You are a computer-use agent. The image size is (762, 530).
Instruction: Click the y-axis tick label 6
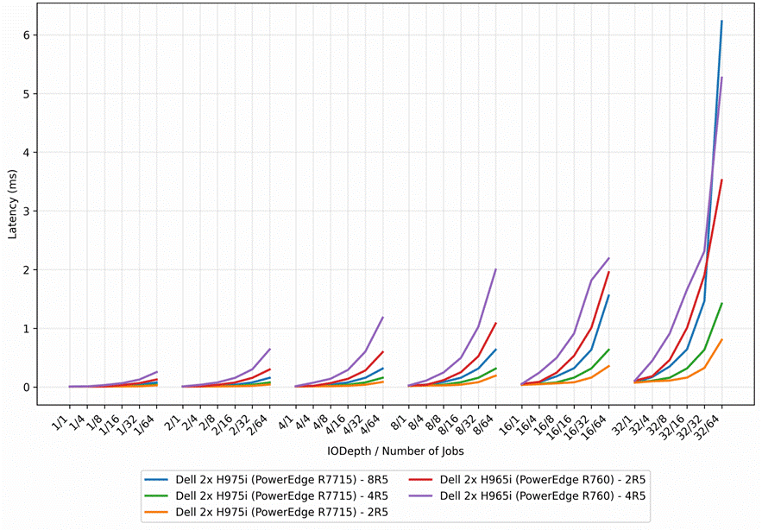[x=28, y=35]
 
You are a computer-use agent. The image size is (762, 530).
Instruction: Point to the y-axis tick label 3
[x=28, y=211]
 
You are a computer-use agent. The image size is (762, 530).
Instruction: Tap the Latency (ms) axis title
[x=13, y=205]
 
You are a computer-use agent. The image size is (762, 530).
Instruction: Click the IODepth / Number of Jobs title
[x=395, y=451]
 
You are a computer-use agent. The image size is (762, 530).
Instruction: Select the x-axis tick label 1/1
[x=60, y=421]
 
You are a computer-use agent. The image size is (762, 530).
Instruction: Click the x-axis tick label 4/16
[x=337, y=424]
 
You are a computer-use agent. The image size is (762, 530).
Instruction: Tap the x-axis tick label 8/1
[x=400, y=421]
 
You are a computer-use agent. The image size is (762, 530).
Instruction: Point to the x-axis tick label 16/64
[x=597, y=426]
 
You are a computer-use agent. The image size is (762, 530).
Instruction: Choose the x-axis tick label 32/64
[x=710, y=426]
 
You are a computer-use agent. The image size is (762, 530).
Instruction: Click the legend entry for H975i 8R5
[x=267, y=480]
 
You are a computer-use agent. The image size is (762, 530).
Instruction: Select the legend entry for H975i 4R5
[x=267, y=496]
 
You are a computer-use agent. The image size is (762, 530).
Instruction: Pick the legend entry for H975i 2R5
[x=267, y=512]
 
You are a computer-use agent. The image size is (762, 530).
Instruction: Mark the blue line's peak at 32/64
[x=722, y=21]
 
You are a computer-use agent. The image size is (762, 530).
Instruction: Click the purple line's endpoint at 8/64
[x=495, y=269]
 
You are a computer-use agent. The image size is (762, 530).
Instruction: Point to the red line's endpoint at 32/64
[x=722, y=180]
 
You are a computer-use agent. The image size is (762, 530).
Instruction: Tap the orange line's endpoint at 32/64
[x=722, y=339]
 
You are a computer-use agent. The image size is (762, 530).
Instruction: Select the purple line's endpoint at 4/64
[x=383, y=317]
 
